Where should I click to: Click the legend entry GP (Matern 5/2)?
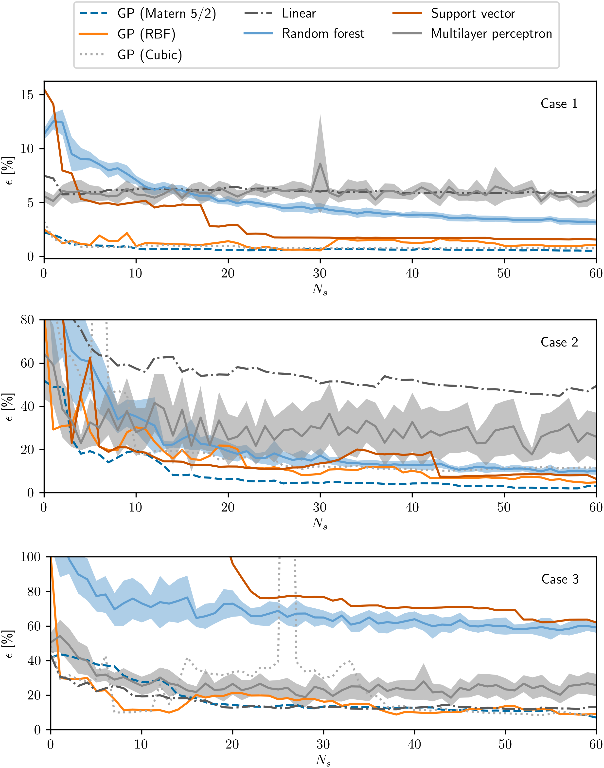pyautogui.click(x=166, y=14)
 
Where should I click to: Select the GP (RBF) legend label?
pyautogui.click(x=146, y=34)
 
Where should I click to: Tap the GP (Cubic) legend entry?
pyautogui.click(x=150, y=55)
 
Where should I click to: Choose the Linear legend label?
pyautogui.click(x=299, y=14)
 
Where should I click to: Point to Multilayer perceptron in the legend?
pyautogui.click(x=491, y=34)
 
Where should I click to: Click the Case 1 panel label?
pyautogui.click(x=559, y=104)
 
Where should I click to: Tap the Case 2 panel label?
pyautogui.click(x=559, y=342)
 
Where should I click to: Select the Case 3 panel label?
pyautogui.click(x=560, y=579)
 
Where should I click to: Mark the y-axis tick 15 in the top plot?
pyautogui.click(x=27, y=95)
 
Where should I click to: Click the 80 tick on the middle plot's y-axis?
pyautogui.click(x=27, y=320)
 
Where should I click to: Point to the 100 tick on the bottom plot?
pyautogui.click(x=30, y=557)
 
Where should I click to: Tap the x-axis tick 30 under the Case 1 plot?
pyautogui.click(x=320, y=274)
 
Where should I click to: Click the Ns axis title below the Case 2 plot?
pyautogui.click(x=320, y=523)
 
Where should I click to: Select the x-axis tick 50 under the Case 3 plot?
pyautogui.click(x=505, y=744)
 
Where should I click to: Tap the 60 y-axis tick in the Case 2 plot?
pyautogui.click(x=27, y=363)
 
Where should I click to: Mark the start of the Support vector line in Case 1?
pyautogui.click(x=44, y=89)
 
